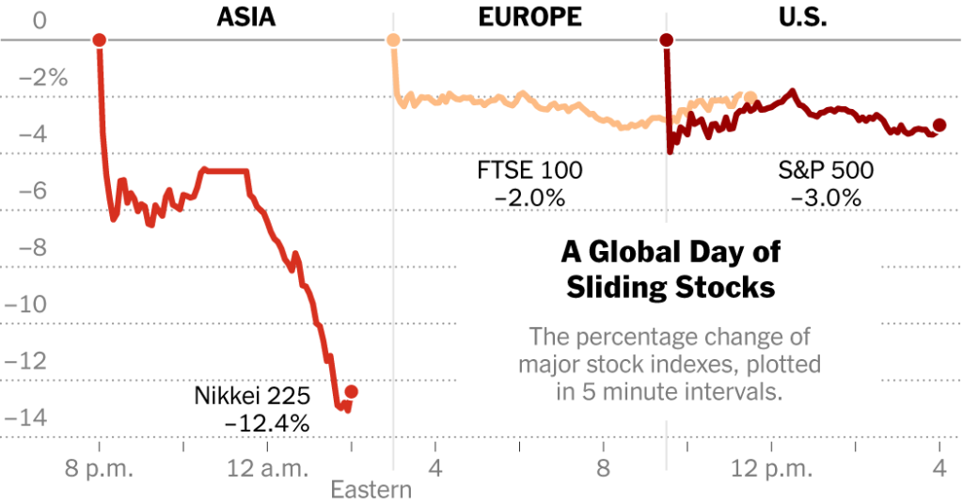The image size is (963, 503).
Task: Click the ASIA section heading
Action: point(245,16)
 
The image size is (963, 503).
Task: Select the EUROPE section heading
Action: point(529,16)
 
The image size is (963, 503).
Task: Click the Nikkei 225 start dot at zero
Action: point(99,39)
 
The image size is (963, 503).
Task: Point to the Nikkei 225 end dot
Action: point(351,391)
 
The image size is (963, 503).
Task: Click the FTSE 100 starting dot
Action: point(393,39)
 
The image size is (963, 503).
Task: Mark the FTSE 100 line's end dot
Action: point(750,97)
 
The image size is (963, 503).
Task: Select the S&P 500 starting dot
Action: point(666,39)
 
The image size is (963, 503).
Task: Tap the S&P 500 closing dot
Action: point(939,125)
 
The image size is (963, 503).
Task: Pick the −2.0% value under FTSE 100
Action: point(529,197)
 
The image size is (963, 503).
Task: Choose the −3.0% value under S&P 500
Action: point(826,197)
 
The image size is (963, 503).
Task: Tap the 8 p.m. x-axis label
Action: point(99,467)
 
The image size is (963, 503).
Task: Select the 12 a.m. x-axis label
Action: point(265,467)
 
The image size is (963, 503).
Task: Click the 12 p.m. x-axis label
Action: point(771,467)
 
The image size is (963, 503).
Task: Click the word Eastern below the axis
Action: point(371,490)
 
